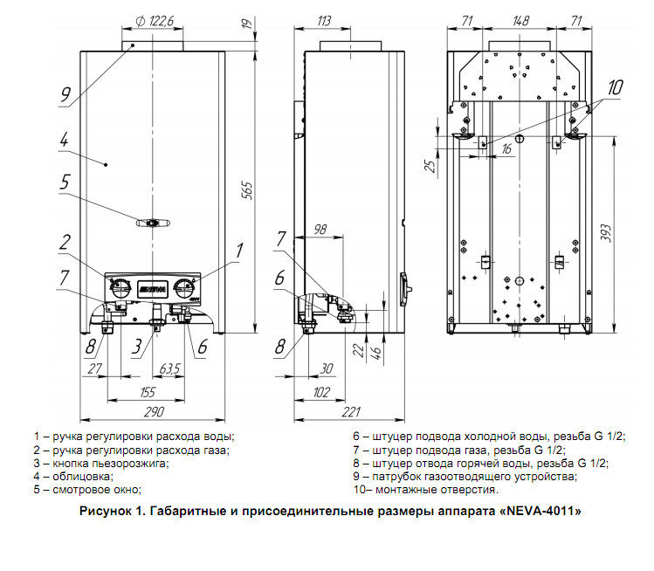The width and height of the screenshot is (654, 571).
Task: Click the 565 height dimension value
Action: pyautogui.click(x=248, y=190)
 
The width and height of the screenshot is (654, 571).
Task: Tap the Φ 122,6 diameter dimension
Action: pyautogui.click(x=155, y=21)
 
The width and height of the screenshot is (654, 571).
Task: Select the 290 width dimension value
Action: pyautogui.click(x=154, y=412)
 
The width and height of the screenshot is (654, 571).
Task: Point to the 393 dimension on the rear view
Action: pyautogui.click(x=605, y=234)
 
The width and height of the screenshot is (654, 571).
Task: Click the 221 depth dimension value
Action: pyautogui.click(x=351, y=412)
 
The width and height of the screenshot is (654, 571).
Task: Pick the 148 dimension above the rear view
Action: pyautogui.click(x=521, y=20)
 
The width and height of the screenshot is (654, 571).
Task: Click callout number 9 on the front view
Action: pyautogui.click(x=65, y=94)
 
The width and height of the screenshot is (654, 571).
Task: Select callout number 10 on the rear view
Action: pyautogui.click(x=615, y=87)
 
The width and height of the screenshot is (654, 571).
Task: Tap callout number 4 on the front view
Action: pyautogui.click(x=64, y=140)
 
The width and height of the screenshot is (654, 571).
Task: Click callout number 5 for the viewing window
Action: pyautogui.click(x=65, y=182)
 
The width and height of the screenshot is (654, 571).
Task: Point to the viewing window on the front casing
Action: pyautogui.click(x=153, y=224)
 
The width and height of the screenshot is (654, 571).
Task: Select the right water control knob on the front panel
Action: pyautogui.click(x=183, y=288)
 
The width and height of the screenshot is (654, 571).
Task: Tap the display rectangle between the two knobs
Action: pyautogui.click(x=152, y=289)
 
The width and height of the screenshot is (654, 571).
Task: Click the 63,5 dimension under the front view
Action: pyautogui.click(x=169, y=368)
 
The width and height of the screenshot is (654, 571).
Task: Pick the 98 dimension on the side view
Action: pyautogui.click(x=320, y=229)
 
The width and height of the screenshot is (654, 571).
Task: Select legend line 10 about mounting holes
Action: pyautogui.click(x=426, y=489)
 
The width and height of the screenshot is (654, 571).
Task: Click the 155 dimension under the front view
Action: pyautogui.click(x=148, y=392)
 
